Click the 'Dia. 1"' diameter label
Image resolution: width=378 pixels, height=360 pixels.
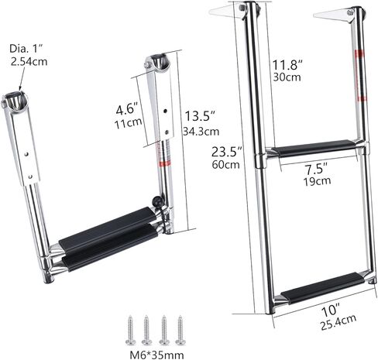[24, 48]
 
